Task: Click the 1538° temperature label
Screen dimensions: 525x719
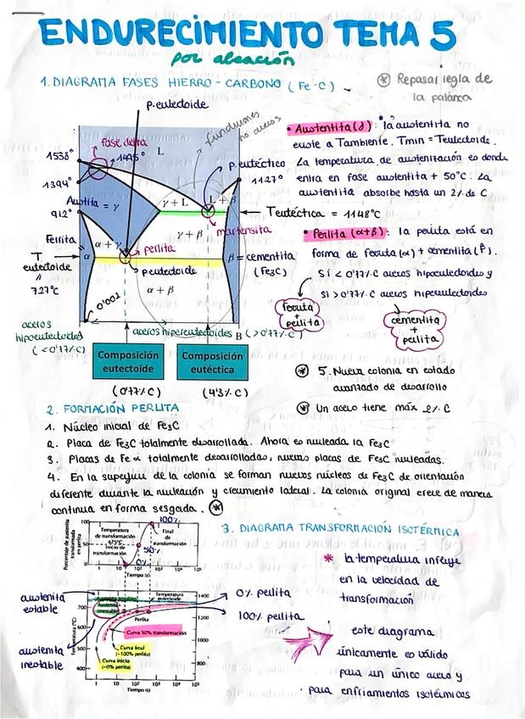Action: (x=59, y=157)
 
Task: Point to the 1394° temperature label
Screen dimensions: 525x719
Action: (x=57, y=184)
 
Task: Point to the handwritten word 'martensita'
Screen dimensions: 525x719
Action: (x=243, y=230)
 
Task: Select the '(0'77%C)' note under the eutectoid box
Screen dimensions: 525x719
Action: (x=137, y=392)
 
